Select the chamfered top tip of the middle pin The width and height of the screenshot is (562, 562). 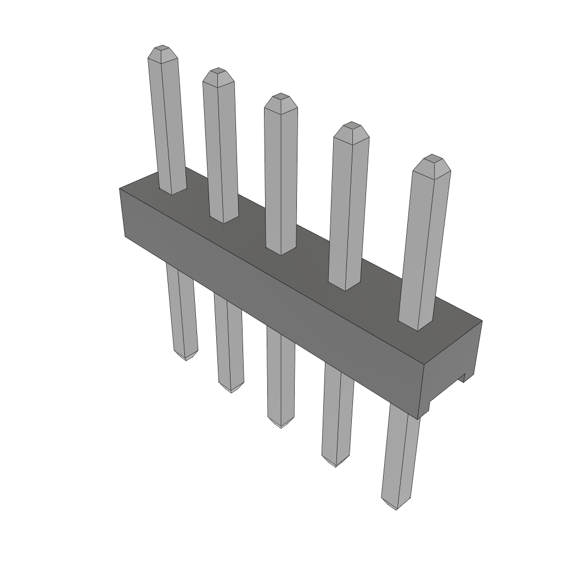(x=280, y=98)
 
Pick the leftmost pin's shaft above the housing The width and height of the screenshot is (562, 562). (x=167, y=121)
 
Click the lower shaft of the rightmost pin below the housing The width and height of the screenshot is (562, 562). (x=401, y=456)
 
